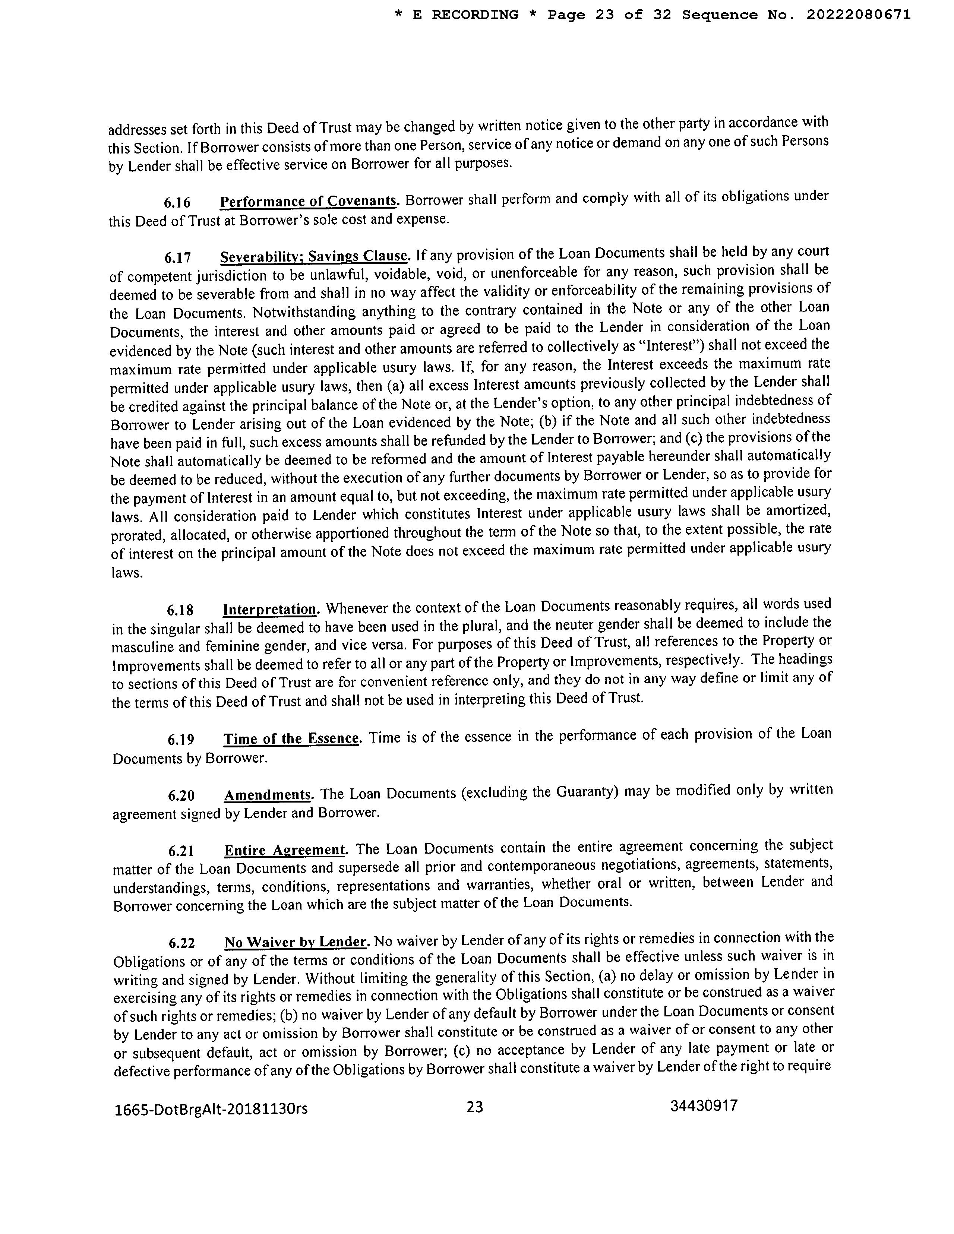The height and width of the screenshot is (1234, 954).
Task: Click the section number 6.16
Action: click(x=177, y=203)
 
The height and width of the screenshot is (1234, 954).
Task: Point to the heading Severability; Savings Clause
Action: click(x=314, y=256)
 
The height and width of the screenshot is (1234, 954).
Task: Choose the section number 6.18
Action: click(x=180, y=611)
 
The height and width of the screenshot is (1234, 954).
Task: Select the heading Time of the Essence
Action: click(x=291, y=738)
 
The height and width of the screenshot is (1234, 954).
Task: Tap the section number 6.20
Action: click(x=181, y=795)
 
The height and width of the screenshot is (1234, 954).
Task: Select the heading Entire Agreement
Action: click(x=285, y=850)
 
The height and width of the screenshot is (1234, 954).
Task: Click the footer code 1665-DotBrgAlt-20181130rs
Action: click(x=211, y=1109)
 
